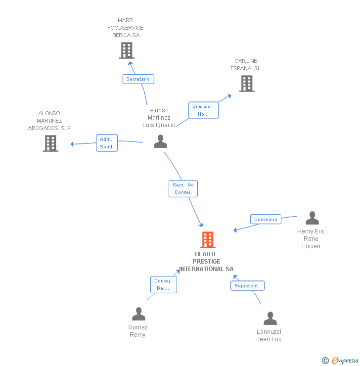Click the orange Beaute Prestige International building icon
[208, 240]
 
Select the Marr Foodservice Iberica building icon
[127, 50]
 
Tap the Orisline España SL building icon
[247, 84]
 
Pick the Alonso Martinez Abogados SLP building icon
[50, 143]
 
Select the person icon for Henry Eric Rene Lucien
[312, 218]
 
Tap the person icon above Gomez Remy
[138, 314]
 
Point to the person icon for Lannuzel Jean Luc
[270, 319]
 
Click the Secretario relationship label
[138, 79]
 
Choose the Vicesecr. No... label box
[203, 110]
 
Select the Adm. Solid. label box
[107, 143]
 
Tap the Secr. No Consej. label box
[183, 188]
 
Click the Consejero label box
[266, 219]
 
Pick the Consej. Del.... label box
[163, 284]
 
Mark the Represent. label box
[247, 286]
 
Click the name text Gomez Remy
[138, 331]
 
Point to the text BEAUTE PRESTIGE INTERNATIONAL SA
[206, 262]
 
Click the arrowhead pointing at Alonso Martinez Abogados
[73, 144]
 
